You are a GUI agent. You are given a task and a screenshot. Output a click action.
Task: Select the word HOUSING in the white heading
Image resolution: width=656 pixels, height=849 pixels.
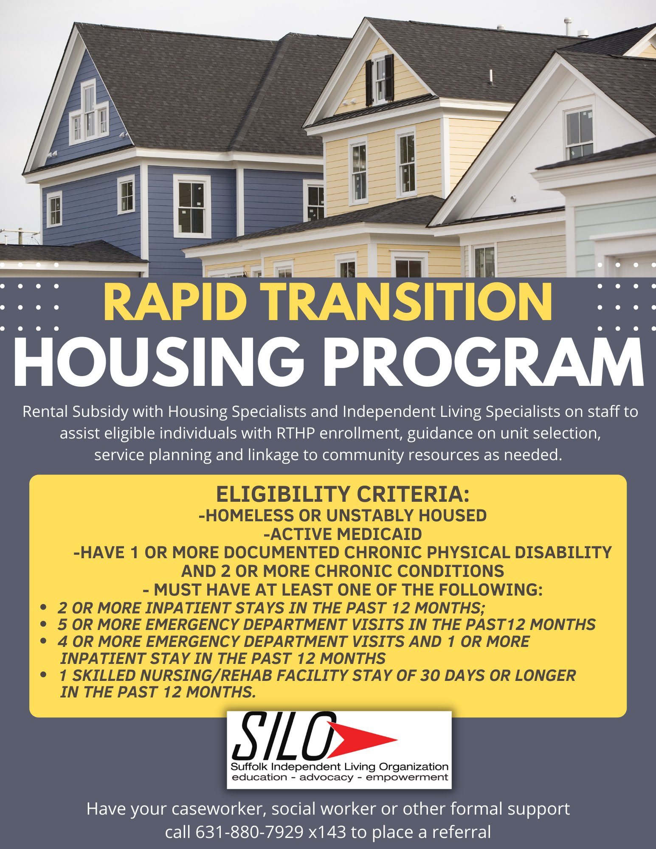(159, 362)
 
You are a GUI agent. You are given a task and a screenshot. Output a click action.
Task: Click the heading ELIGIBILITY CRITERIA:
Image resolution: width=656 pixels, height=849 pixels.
(343, 494)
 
